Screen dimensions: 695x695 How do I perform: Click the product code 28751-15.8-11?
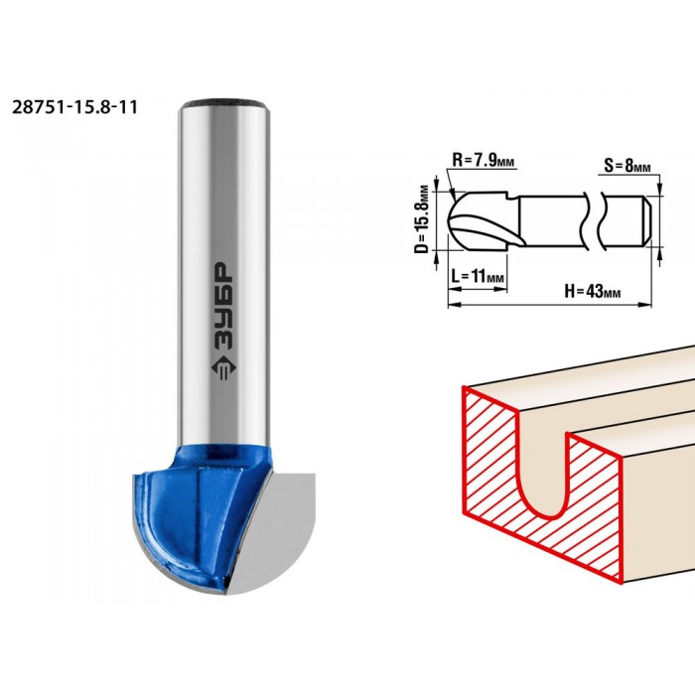74,107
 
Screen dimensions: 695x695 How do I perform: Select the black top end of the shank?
223,103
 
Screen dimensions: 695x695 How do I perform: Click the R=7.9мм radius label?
484,160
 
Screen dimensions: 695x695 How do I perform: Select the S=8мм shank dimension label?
627,166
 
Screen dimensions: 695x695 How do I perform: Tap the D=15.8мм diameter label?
424,218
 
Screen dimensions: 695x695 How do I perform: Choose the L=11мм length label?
478,276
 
